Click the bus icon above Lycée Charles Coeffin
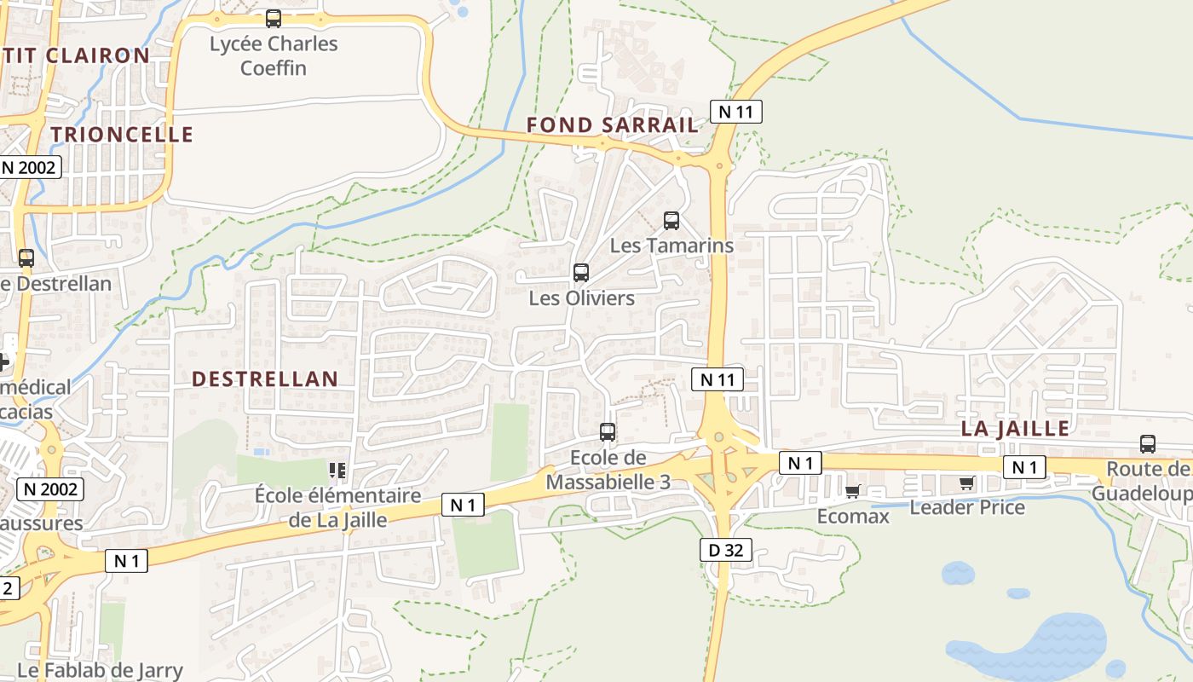(274, 19)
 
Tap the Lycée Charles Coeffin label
(274, 55)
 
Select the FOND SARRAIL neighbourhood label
(612, 124)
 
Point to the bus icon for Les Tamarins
(671, 221)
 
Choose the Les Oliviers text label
(582, 298)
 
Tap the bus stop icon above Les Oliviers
(581, 273)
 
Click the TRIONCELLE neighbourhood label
(122, 134)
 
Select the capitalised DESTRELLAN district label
(265, 379)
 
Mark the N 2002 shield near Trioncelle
(29, 167)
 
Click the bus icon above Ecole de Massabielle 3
(608, 432)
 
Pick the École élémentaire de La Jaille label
(338, 507)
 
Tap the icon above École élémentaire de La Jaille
(337, 470)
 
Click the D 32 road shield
(726, 550)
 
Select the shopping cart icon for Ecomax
(853, 491)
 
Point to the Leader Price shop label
(967, 507)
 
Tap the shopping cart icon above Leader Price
(966, 483)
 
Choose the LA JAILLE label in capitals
(1015, 428)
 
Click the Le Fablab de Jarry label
(100, 670)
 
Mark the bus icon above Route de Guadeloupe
(1148, 444)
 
